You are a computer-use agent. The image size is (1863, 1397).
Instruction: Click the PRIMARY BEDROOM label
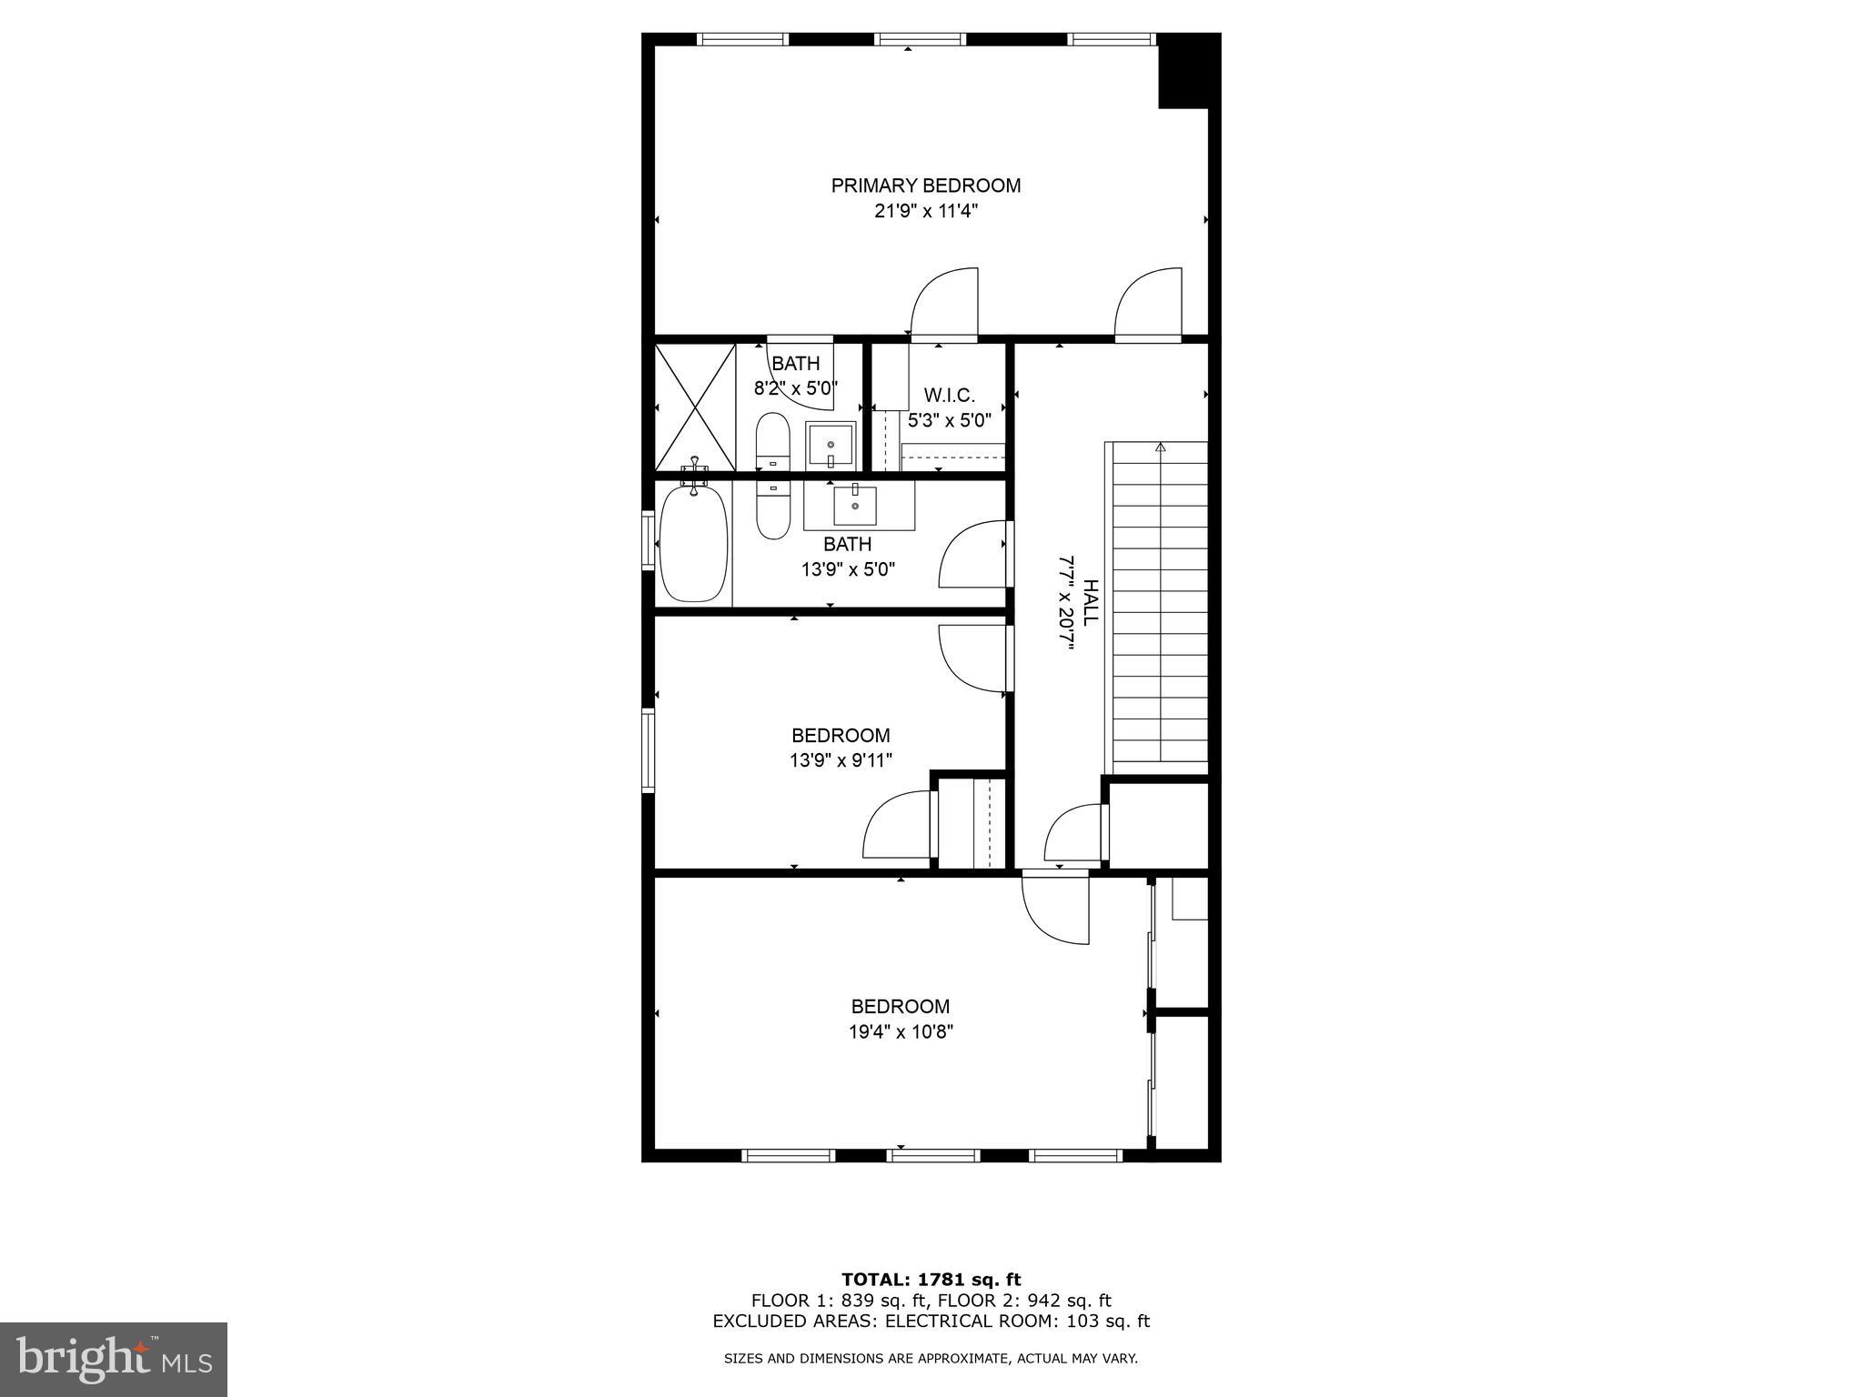[925, 186]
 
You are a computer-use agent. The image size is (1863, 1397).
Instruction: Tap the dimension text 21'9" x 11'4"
[925, 212]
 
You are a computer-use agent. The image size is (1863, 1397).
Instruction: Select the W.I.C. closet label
[949, 396]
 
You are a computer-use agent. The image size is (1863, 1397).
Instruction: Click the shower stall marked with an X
[695, 407]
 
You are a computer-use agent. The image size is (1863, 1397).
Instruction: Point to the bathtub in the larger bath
[694, 544]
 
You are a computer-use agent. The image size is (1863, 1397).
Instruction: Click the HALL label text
[1090, 602]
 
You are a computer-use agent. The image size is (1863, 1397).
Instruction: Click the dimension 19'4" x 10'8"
[901, 1032]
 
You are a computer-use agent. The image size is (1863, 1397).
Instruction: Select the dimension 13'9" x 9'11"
[841, 760]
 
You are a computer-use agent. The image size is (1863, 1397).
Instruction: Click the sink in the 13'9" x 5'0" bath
[855, 506]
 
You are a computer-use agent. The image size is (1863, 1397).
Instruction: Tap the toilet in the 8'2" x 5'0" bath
[773, 442]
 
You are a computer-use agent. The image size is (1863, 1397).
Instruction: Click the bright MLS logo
[114, 1359]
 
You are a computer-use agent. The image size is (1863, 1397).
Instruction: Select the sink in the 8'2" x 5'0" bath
[831, 446]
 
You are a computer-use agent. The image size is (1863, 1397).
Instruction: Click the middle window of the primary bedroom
[920, 39]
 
